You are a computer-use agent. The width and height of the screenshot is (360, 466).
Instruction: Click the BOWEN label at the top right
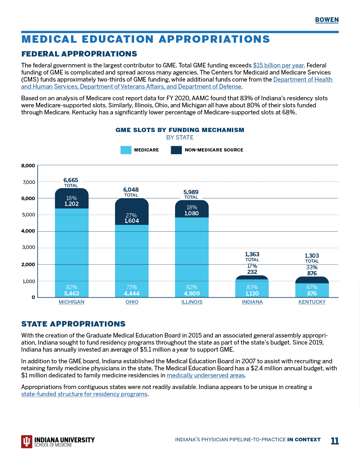(x=327, y=20)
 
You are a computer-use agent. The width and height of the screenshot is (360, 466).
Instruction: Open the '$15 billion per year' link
(x=278, y=65)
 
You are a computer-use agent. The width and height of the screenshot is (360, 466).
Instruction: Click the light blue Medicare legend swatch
(x=126, y=150)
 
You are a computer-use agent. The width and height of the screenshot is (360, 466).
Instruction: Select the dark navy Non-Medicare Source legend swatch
(x=176, y=150)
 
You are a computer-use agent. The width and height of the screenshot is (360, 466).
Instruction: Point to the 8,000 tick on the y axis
(x=28, y=166)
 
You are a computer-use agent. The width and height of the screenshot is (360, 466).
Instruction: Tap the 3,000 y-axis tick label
(x=29, y=247)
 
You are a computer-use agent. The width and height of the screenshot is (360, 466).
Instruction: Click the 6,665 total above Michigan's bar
(x=71, y=180)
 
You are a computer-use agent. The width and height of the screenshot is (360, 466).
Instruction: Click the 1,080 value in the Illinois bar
(x=192, y=213)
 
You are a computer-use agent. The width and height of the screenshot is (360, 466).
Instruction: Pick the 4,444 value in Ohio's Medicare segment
(x=132, y=293)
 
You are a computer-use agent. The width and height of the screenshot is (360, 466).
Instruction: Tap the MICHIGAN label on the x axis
(x=71, y=302)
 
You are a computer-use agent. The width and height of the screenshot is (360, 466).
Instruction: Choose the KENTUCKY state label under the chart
(x=312, y=302)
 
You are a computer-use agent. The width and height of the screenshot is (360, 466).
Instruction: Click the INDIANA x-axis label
(x=252, y=302)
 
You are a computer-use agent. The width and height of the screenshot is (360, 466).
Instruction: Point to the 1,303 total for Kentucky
(x=312, y=256)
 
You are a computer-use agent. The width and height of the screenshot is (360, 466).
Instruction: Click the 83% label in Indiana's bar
(x=252, y=287)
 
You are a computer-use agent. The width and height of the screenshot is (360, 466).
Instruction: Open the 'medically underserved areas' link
(x=205, y=375)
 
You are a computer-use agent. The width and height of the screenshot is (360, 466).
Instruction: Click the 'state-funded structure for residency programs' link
(x=84, y=394)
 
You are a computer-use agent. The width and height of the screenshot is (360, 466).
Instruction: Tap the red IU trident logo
(x=26, y=441)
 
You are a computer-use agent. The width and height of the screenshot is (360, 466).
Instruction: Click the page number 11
(x=335, y=441)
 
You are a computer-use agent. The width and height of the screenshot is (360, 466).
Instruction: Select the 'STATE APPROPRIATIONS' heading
(x=73, y=324)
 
